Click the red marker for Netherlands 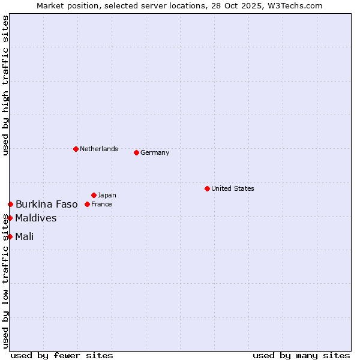[76, 149]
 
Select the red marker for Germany [136, 152]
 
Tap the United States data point [207, 188]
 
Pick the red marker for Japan [94, 195]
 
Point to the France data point [87, 204]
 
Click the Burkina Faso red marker [10, 205]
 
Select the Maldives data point [10, 218]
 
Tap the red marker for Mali [10, 236]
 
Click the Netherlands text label [99, 149]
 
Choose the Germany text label [155, 152]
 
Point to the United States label [233, 188]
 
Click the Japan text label [107, 195]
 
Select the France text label [101, 204]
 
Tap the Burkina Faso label [47, 205]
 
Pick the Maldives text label [36, 218]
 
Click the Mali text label [25, 236]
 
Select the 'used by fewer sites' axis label [62, 355]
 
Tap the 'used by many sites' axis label [301, 355]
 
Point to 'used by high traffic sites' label [5, 85]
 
